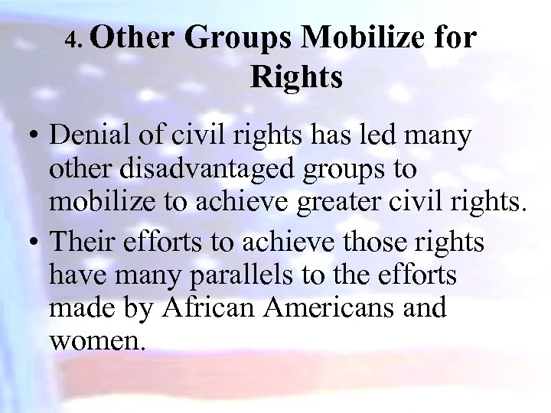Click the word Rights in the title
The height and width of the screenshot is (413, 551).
[295, 77]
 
